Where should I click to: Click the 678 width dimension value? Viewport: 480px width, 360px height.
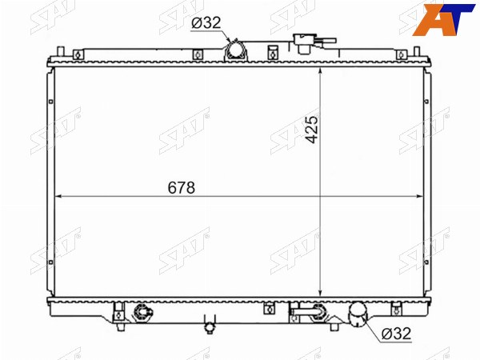click(x=182, y=187)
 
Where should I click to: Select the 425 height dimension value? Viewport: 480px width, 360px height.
click(x=312, y=130)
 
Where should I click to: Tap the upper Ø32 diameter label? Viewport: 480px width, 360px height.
click(x=206, y=22)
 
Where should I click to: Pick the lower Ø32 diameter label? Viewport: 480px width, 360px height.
click(x=396, y=333)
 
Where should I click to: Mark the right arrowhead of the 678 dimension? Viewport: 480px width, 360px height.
click(x=420, y=196)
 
